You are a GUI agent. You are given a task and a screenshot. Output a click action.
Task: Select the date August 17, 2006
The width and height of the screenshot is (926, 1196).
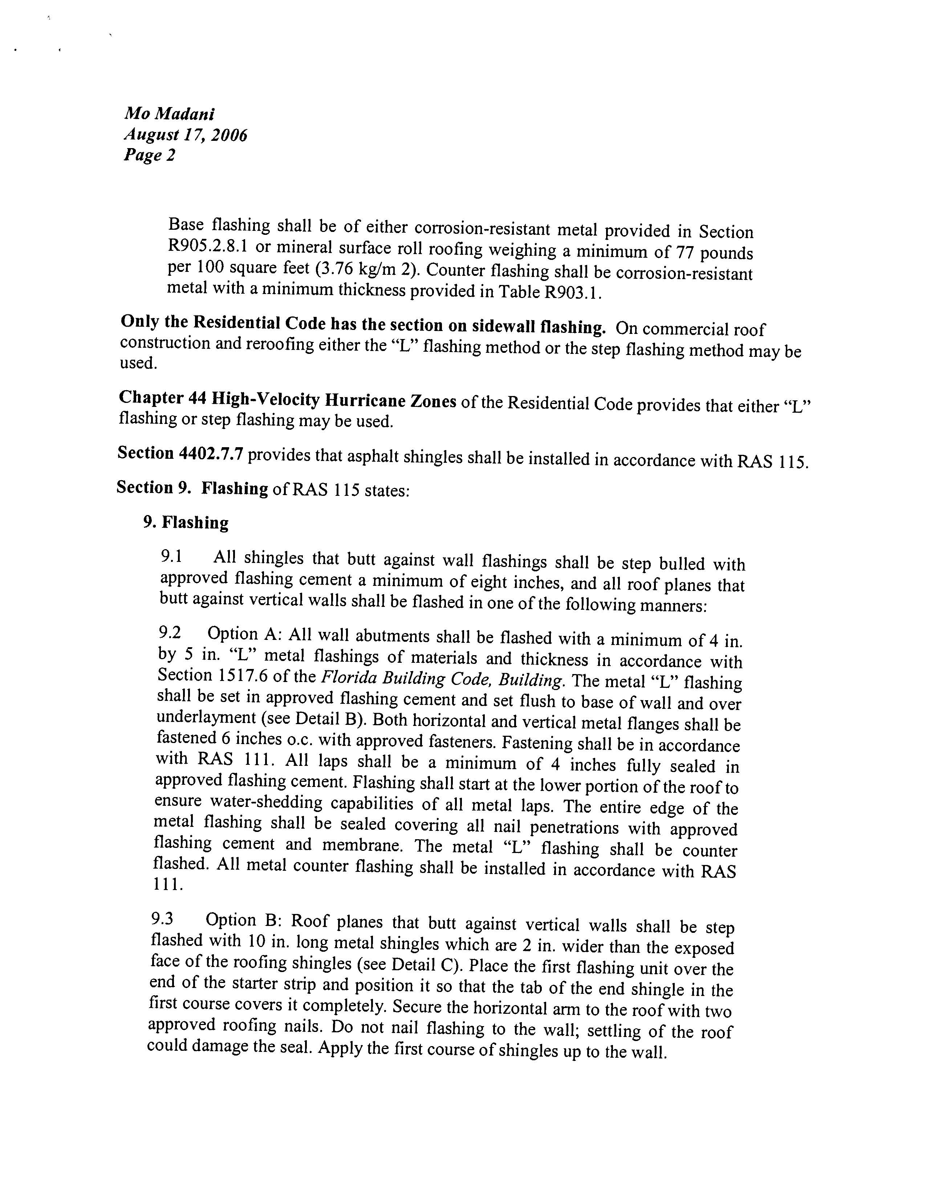[185, 134]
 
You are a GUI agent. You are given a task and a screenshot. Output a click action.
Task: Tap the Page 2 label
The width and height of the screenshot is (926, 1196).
[149, 155]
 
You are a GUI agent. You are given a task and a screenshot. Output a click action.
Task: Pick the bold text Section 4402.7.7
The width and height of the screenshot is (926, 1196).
[180, 453]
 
